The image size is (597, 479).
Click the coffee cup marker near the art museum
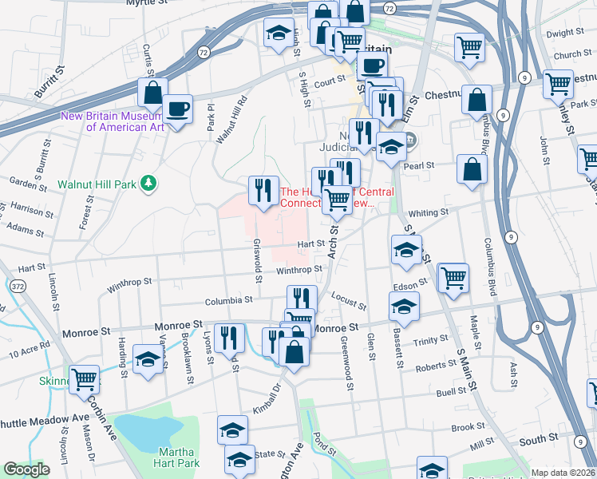click(177, 109)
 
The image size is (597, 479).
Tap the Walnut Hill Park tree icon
click(148, 184)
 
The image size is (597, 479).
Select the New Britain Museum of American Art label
click(112, 121)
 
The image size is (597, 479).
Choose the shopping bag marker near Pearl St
click(472, 169)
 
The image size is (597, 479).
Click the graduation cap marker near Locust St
click(404, 307)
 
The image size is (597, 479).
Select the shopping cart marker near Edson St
click(453, 278)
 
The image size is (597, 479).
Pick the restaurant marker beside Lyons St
click(228, 338)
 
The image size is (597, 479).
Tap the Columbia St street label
click(228, 300)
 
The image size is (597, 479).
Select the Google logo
click(26, 469)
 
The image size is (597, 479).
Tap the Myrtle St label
click(148, 3)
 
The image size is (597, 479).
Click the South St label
click(538, 439)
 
